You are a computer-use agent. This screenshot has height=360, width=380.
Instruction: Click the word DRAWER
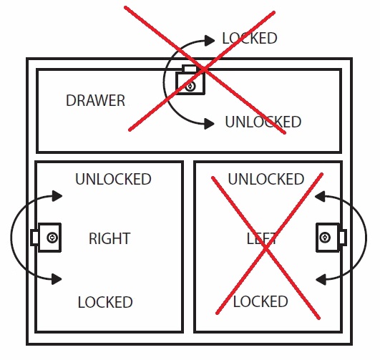tap(95, 100)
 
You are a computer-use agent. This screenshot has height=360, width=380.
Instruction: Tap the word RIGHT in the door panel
tap(109, 238)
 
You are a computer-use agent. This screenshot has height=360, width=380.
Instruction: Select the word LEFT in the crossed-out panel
tap(261, 238)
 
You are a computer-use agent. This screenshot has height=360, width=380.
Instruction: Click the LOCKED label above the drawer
tap(250, 38)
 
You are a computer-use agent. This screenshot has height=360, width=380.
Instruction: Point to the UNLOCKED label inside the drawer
tap(263, 122)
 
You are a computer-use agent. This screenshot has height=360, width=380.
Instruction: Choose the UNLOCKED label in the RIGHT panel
tap(113, 179)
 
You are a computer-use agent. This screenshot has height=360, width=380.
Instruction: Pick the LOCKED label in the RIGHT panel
tap(105, 302)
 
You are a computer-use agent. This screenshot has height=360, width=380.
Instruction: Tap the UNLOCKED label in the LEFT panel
tap(266, 179)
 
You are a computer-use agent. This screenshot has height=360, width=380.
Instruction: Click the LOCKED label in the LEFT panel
tap(260, 301)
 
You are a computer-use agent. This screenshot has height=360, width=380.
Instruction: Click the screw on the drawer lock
tap(190, 86)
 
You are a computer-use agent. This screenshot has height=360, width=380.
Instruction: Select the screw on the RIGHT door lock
tap(52, 238)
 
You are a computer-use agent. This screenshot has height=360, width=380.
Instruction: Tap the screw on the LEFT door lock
tap(325, 238)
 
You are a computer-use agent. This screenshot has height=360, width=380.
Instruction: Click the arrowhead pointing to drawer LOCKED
tap(210, 41)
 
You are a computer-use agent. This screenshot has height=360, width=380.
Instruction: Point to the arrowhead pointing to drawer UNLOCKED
tap(209, 124)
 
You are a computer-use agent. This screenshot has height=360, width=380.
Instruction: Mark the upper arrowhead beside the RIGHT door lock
tap(57, 196)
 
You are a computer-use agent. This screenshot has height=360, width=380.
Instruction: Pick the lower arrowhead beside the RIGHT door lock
tap(57, 279)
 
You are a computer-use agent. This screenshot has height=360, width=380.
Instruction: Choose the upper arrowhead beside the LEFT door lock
tap(320, 196)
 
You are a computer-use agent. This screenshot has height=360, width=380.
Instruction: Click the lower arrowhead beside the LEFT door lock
tap(321, 280)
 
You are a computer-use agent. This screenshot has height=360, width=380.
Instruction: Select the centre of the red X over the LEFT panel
tap(267, 247)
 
